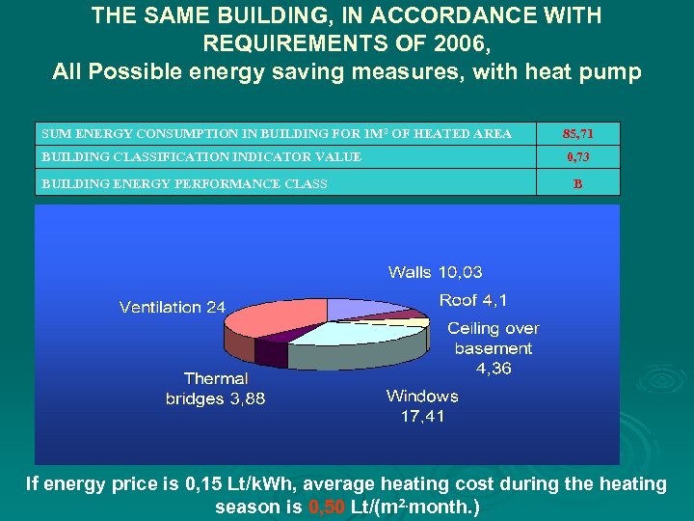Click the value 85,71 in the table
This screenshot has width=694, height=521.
pos(577,133)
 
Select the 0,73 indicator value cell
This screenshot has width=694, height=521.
pos(577,157)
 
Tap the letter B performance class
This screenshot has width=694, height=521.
pos(577,182)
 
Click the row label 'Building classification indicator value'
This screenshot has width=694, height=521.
pos(201,157)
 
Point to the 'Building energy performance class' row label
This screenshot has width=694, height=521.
pos(183,182)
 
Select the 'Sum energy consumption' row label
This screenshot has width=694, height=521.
pos(276,133)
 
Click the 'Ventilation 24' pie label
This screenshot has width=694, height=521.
pos(172,307)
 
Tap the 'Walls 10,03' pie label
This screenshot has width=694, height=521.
pos(435,272)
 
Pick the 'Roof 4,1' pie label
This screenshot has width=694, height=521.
pos(473,300)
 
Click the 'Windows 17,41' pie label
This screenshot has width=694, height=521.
pos(422,406)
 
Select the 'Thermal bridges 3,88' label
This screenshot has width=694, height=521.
pos(215,389)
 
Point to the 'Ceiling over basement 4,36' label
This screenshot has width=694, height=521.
pos(493,348)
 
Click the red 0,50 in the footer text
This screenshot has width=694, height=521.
pos(326,507)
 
